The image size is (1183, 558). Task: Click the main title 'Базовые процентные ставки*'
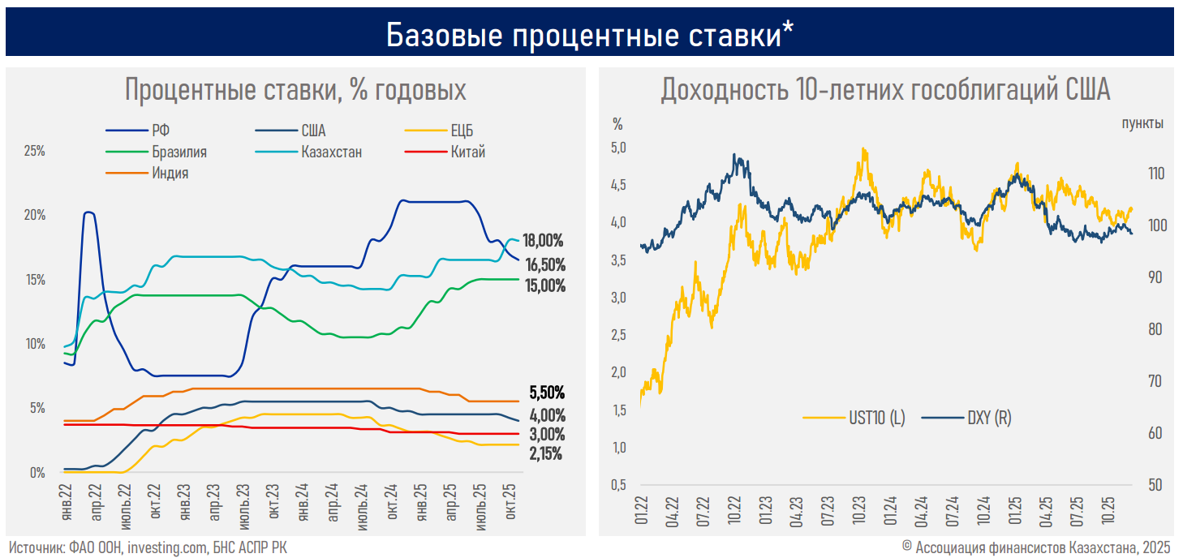point(590,34)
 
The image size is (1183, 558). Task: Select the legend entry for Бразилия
point(179,152)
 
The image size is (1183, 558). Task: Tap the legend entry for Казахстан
point(331,152)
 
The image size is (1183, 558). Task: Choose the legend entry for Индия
point(170,172)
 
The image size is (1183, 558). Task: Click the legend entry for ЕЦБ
point(462,131)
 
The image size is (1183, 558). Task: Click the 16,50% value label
point(545,264)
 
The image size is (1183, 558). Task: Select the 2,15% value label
point(545,454)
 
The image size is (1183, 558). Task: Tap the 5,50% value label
point(546,393)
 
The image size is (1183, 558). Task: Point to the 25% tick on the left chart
point(34,152)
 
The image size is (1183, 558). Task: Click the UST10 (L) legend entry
point(876,418)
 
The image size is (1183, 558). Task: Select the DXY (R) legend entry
point(989,418)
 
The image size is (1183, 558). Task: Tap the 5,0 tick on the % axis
point(618,148)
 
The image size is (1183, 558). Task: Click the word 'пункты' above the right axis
point(1142,123)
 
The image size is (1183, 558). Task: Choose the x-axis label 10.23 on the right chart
point(859,506)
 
